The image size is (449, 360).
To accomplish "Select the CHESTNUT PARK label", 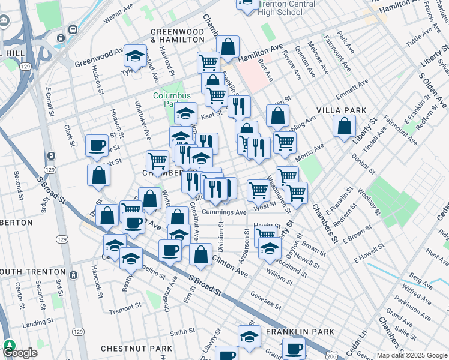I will pos(128,349).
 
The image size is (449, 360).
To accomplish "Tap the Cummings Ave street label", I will pos(224,212).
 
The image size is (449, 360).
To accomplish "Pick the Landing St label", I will pos(34,325).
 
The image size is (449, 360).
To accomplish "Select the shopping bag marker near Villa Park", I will pos(344,126).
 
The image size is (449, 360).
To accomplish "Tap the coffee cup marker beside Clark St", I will pos(96,145).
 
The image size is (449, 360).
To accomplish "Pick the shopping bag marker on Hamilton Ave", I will pos(228,46).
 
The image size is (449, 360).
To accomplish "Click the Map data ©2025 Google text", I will pos(411,355).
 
